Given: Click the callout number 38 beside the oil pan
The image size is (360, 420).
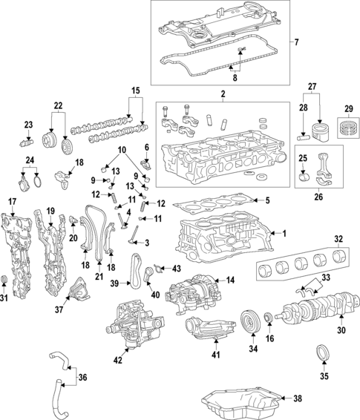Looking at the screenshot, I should pyautogui.click(x=298, y=399).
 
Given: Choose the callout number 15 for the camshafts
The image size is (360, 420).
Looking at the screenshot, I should pyautogui.click(x=136, y=91).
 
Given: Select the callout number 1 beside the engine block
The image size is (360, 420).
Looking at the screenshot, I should pyautogui.click(x=282, y=233).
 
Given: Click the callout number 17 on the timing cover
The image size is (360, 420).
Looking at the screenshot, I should pyautogui.click(x=12, y=202).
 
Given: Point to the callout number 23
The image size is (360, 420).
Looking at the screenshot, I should pyautogui.click(x=28, y=124).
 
